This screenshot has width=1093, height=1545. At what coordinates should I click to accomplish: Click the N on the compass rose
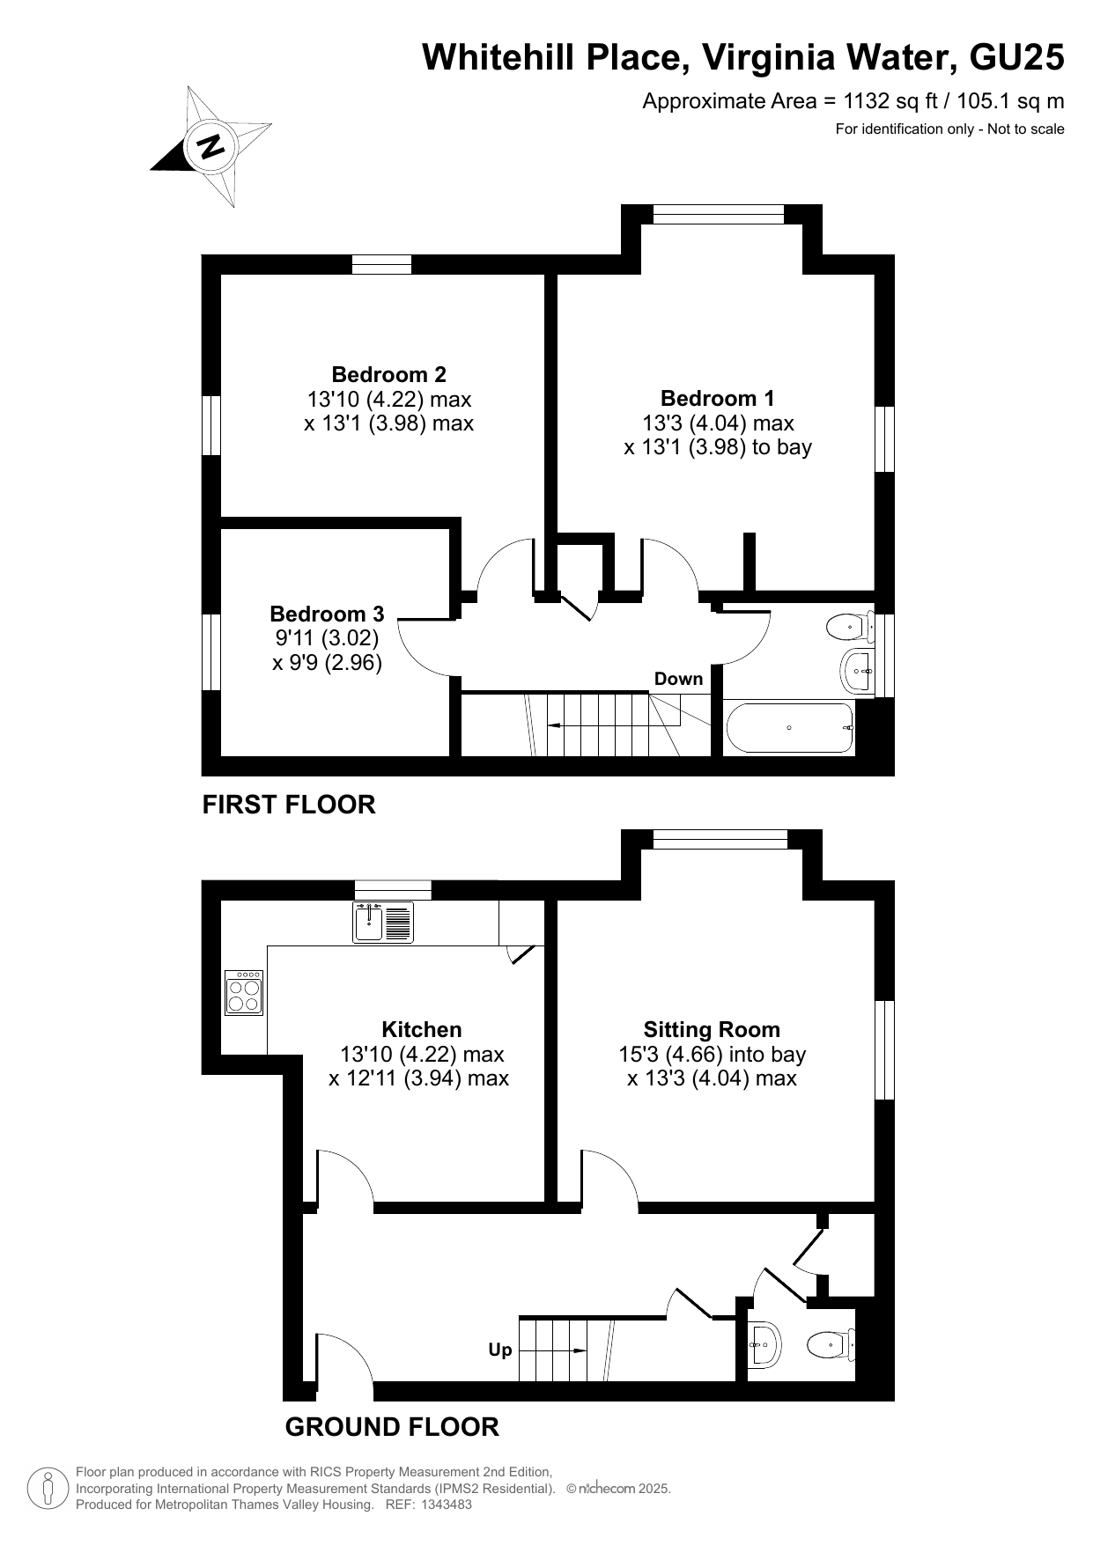point(210,145)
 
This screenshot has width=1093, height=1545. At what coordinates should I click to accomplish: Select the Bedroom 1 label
point(718,398)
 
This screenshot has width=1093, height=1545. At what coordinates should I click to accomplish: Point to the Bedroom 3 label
point(327,614)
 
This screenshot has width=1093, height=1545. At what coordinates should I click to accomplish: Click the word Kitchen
point(421,1029)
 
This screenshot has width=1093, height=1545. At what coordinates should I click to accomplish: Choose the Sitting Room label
point(712,1029)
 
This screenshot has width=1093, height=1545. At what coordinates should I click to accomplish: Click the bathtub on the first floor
point(790,727)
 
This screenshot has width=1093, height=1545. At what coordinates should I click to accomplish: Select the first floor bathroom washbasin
point(857,671)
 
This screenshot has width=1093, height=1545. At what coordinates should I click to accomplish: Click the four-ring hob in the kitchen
point(244,993)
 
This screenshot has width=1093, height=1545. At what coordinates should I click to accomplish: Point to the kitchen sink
point(383,922)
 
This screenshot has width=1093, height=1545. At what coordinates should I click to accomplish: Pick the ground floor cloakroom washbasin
point(764,1344)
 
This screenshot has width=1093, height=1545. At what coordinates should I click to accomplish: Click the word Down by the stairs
point(678,679)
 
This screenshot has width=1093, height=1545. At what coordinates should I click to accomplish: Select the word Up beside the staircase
point(500,1350)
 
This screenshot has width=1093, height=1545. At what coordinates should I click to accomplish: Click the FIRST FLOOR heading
point(289,805)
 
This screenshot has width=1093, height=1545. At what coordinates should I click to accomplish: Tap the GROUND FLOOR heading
point(392,1427)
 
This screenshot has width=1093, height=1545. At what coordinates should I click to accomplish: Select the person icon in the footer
point(48,1489)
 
